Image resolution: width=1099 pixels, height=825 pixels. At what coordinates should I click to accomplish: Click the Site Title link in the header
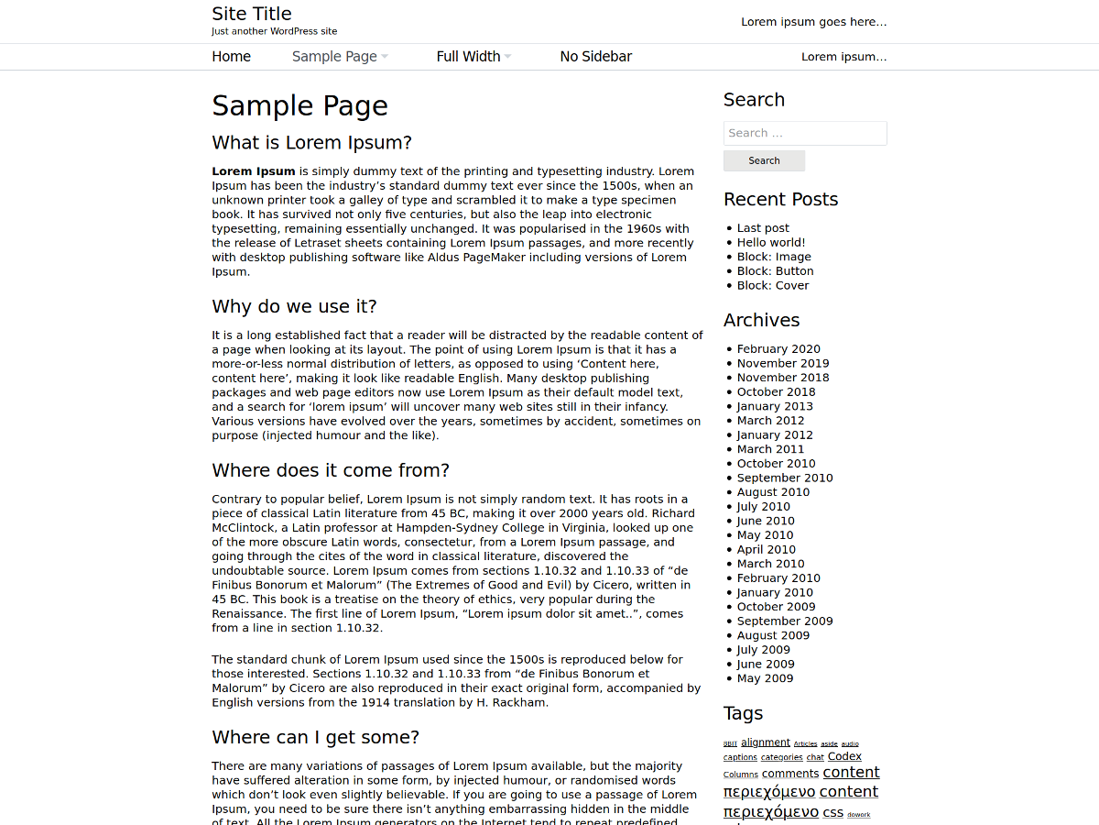252,14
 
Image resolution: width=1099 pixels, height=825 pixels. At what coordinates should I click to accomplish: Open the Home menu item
231,57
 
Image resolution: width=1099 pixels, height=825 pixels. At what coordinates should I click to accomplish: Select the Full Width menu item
468,57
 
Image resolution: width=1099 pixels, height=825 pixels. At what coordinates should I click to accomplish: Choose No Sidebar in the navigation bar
595,57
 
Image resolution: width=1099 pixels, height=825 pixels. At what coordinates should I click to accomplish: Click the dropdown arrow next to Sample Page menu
385,57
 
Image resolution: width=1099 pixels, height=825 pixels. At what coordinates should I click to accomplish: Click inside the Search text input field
804,133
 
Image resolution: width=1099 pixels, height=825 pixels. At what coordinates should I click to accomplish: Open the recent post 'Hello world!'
771,243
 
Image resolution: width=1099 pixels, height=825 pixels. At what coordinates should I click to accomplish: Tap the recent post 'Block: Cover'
773,285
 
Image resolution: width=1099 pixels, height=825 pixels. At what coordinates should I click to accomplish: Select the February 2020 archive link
778,349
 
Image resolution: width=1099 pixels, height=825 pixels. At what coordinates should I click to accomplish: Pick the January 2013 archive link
775,406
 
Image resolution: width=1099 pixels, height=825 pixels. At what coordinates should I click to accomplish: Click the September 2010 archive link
785,478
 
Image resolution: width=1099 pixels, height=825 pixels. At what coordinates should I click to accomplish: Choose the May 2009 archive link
765,678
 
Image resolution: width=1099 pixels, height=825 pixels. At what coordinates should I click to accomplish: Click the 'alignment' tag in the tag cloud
765,742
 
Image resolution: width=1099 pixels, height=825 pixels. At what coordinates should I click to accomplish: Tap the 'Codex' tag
844,756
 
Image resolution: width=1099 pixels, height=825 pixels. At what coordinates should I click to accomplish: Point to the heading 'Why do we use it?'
294,306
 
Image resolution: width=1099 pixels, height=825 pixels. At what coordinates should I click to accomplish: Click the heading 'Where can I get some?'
315,737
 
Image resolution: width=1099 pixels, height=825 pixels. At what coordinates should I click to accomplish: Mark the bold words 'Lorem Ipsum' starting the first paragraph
254,171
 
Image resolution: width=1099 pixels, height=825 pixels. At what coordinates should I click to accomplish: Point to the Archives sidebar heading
761,320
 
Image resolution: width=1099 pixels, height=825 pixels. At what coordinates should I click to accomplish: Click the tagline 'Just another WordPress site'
274,31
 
